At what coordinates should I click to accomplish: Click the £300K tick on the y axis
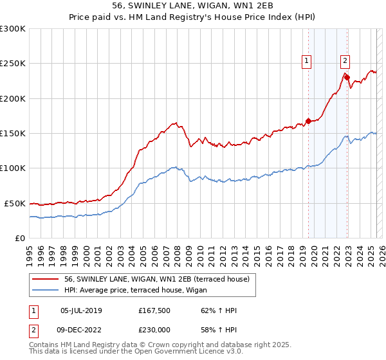[x=13, y=29]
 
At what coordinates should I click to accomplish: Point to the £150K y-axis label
[x=13, y=133]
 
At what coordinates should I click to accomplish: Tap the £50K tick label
[x=15, y=203]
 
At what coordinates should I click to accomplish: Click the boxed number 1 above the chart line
[x=306, y=61]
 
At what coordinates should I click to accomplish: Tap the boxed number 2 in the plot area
[x=345, y=61]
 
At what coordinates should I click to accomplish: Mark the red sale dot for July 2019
[x=308, y=121]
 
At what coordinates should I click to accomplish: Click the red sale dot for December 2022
[x=347, y=78]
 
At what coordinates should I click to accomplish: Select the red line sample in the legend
[x=44, y=278]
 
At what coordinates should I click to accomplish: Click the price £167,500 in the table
[x=154, y=310]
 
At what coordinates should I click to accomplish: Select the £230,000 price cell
[x=154, y=329]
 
